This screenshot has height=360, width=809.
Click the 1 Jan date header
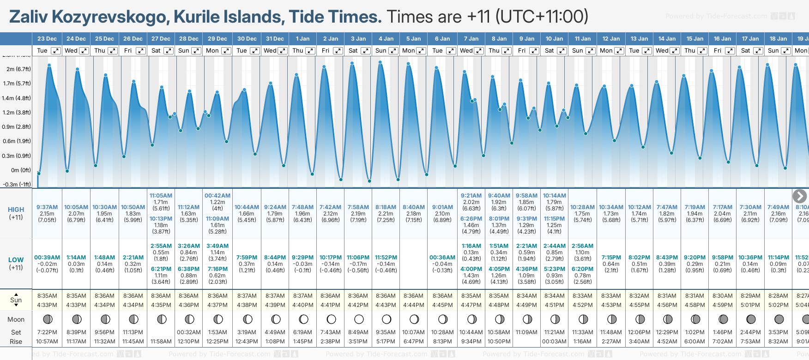point(302,39)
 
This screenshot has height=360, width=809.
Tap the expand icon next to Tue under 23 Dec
point(55,51)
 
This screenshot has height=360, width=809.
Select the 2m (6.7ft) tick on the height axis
point(19,69)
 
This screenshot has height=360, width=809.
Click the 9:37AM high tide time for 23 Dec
point(47,207)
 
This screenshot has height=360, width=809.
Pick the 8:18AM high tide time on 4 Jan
point(386,207)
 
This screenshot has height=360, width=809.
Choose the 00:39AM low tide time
point(47,258)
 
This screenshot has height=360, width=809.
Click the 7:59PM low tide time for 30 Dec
point(247,258)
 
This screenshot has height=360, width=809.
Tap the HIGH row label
point(16,210)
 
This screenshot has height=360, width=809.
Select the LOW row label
point(16,260)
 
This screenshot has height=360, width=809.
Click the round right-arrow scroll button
point(799,196)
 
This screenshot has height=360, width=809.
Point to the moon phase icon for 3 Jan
point(359,319)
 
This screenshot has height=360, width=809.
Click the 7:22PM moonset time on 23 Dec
point(47,332)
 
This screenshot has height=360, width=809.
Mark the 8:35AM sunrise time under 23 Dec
point(47,296)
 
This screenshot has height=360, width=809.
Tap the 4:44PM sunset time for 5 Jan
point(413,305)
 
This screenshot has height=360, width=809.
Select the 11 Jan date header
point(582,39)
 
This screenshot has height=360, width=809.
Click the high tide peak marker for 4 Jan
point(380,62)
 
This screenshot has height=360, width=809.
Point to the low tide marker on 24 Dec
point(67,171)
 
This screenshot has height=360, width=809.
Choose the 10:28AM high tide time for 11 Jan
point(582,207)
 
